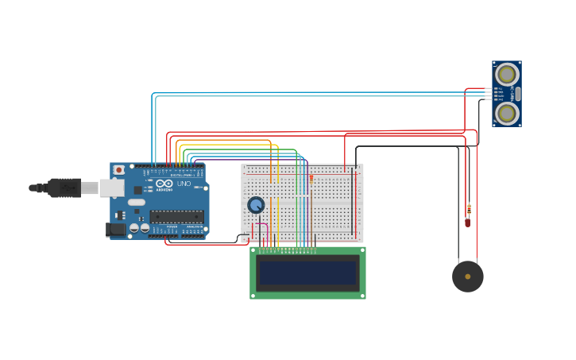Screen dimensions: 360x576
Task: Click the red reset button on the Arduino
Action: coord(118,169)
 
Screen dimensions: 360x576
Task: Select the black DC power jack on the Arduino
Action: coord(116,230)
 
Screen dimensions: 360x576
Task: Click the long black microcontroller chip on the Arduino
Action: coord(176,216)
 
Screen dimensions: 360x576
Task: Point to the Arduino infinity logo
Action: coord(164,184)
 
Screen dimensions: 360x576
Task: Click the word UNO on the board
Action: coord(184,184)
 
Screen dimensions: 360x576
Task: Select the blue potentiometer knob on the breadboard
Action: coord(256,205)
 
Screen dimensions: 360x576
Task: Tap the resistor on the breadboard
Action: coord(311,180)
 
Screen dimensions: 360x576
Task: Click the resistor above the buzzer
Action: coord(468,211)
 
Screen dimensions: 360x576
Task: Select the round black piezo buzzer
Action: coord(468,277)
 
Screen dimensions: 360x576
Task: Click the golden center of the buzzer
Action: coord(468,277)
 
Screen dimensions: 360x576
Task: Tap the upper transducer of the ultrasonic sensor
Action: coord(506,75)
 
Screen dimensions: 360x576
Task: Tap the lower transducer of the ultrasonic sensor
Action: coord(506,113)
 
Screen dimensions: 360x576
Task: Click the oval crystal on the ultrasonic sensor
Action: coord(518,94)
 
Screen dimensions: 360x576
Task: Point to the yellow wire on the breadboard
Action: coord(278,215)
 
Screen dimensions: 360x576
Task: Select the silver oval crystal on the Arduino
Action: coord(137,202)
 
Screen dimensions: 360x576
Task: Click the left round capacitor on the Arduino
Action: coord(134,228)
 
